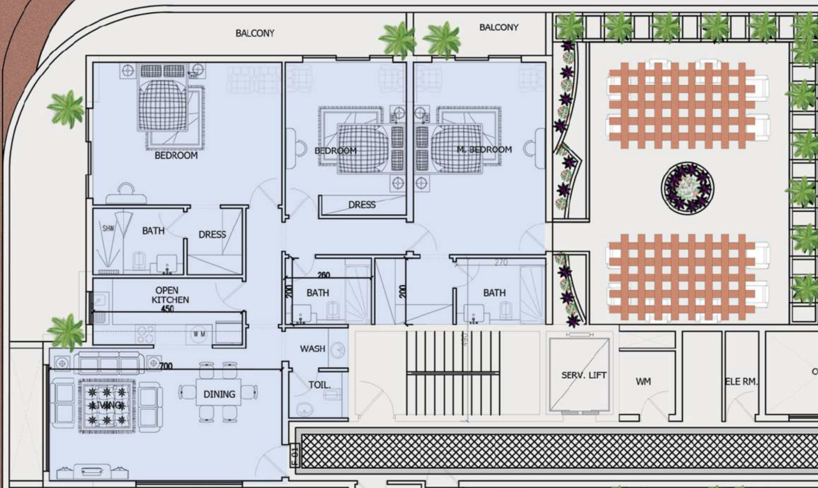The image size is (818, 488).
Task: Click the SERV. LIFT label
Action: (583, 375)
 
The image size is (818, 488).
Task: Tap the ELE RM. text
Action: (741, 381)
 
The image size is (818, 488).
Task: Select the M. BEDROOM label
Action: (484, 149)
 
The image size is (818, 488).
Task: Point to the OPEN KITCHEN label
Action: (170, 295)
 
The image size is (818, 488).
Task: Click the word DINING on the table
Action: (219, 394)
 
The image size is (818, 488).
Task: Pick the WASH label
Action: (313, 349)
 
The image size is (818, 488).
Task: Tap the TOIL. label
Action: (320, 385)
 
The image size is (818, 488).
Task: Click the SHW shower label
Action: (108, 228)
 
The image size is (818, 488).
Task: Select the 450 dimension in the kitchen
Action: (167, 309)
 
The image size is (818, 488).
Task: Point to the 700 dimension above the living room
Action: (166, 366)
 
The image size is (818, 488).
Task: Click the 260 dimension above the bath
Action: (323, 275)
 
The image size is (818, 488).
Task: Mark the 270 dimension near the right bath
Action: (501, 262)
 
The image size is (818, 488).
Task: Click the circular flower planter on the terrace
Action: (688, 188)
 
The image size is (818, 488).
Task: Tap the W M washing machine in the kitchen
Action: (199, 333)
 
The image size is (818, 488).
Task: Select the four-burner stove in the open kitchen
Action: (145, 334)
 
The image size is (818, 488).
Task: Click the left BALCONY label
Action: (255, 33)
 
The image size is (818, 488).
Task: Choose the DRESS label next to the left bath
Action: (212, 234)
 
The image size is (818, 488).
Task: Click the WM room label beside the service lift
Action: (643, 381)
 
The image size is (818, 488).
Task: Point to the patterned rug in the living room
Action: (107, 404)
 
